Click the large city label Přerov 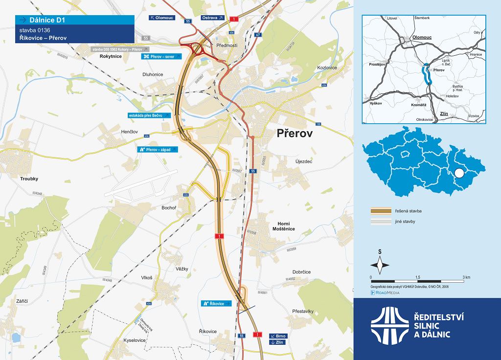pyautogui.click(x=294, y=134)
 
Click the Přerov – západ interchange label pyautogui.click(x=157, y=149)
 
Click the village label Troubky pyautogui.click(x=29, y=179)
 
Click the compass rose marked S pyautogui.click(x=380, y=265)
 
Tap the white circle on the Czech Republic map pyautogui.click(x=459, y=173)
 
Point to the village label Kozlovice pyautogui.click(x=328, y=67)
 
